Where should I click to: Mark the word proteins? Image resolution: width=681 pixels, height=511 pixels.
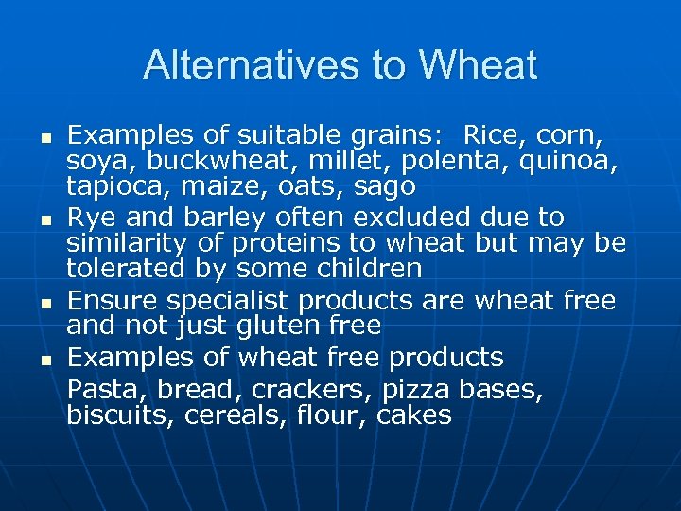click(305, 243)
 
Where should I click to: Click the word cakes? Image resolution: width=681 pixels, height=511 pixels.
click(414, 414)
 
